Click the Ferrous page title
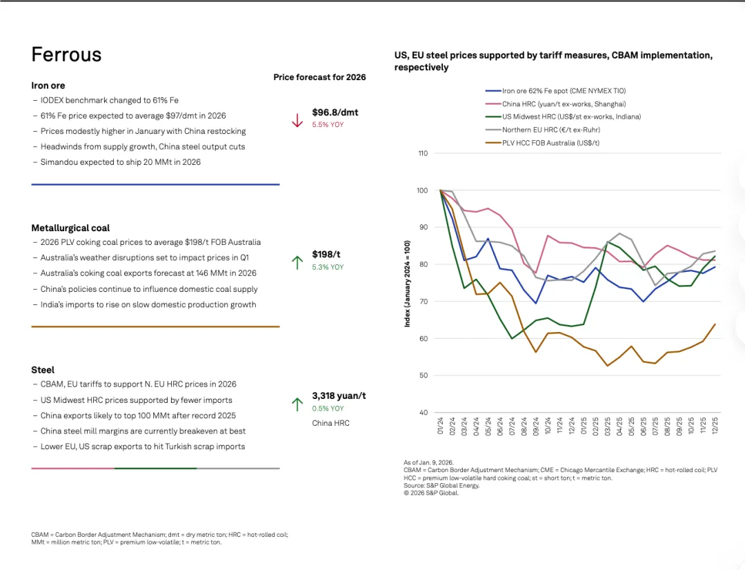tap(66, 55)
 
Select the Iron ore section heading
tap(48, 86)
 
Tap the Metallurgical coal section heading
tap(70, 228)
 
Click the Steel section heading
tap(43, 370)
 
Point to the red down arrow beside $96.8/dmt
tap(297, 120)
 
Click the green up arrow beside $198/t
tap(297, 262)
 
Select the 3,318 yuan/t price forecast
tap(339, 395)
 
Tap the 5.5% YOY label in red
tap(328, 125)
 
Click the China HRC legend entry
tap(564, 104)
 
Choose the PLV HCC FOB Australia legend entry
tap(550, 142)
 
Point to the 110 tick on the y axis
tap(423, 153)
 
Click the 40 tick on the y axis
tap(424, 413)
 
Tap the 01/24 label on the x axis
tap(440, 425)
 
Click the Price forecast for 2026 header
tap(319, 77)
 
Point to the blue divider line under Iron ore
tap(155, 184)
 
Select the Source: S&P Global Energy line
tap(441, 485)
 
